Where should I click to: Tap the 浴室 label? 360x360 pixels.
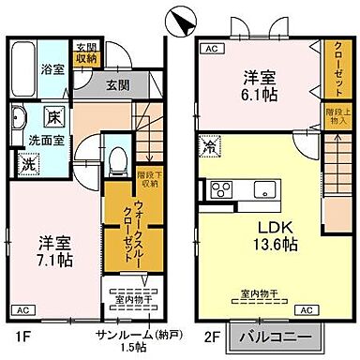pyautogui.click(x=53, y=68)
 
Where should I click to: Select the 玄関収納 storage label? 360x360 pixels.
pyautogui.click(x=86, y=52)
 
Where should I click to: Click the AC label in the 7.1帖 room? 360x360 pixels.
pyautogui.click(x=21, y=308)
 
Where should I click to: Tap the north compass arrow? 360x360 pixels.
pyautogui.click(x=180, y=18)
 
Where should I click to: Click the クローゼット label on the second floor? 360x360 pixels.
pyautogui.click(x=335, y=68)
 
